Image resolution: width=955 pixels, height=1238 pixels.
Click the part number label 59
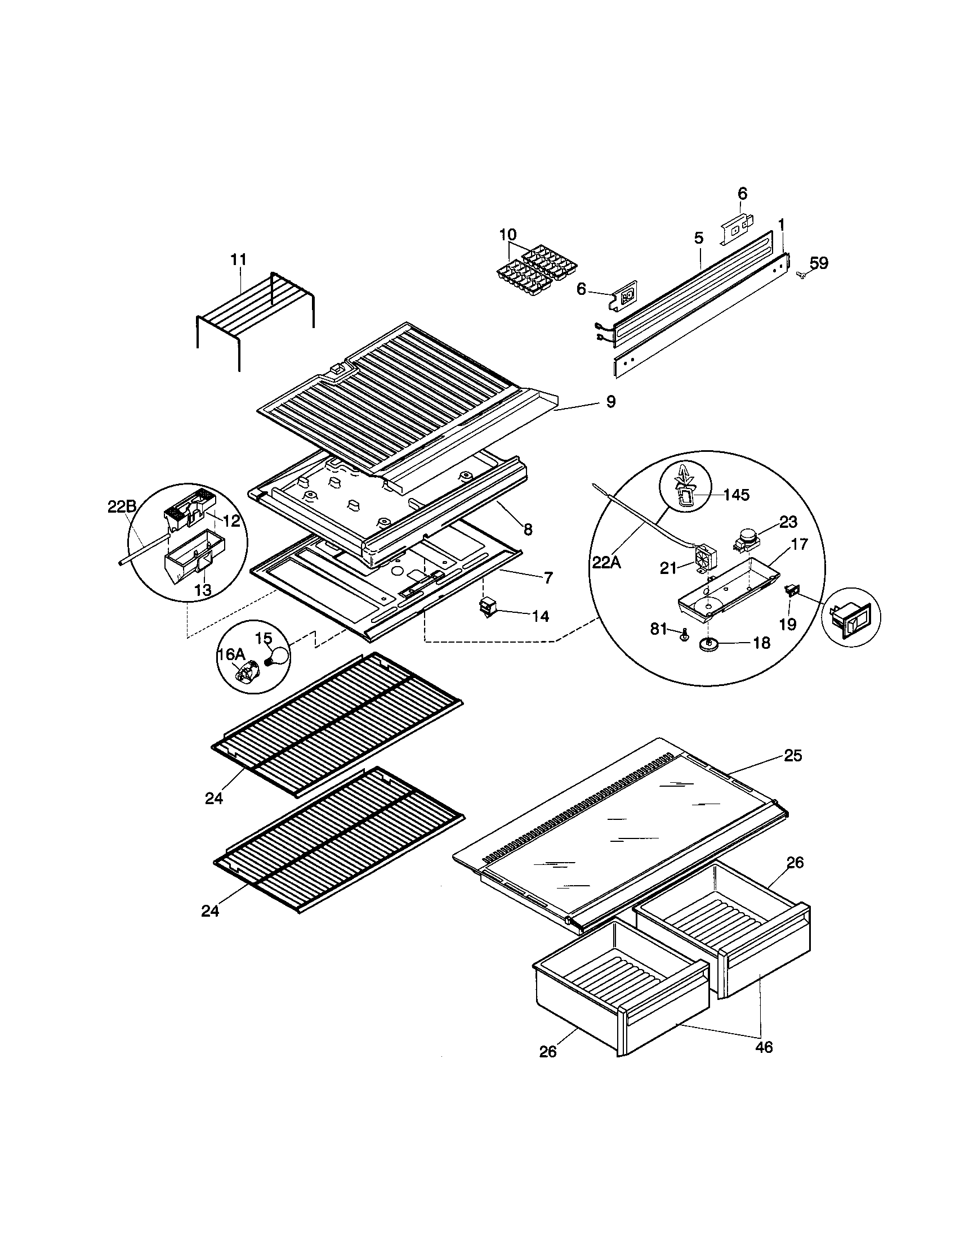(818, 262)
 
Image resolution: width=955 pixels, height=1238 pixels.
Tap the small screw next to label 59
(801, 275)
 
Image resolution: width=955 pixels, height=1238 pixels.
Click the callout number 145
(736, 495)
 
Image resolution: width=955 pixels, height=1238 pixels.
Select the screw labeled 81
(684, 634)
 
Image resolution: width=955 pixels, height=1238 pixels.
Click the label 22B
(122, 508)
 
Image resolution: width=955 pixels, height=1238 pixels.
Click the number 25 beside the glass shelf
(793, 756)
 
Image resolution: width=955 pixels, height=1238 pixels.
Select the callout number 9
(610, 402)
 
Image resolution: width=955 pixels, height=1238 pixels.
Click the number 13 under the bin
(203, 590)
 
